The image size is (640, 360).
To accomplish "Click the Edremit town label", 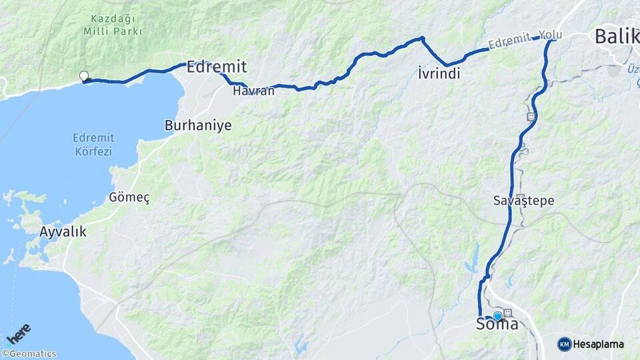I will pos(217,67).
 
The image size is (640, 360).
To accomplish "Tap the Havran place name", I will pos(253,91).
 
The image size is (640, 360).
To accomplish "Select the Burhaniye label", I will pos(198,125).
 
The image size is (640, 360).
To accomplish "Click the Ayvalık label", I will pos(63,232).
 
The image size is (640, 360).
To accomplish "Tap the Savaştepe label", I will pos(524,201).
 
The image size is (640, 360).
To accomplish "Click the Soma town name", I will pos(497,325).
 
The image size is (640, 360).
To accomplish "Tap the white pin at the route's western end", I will pos(84,76).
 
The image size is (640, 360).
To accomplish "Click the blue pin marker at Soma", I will pos(497,316).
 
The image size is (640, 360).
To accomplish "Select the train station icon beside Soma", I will pos(509,313).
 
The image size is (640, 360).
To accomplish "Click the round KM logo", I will pos(564,344).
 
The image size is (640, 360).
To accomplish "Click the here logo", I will pos(18,333).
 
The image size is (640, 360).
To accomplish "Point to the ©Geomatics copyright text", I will pos(29,354).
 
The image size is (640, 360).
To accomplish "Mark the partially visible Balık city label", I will pos(617,36).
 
